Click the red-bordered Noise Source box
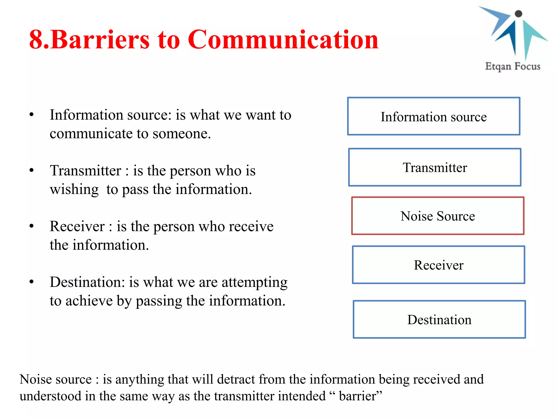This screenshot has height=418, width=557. coord(438,216)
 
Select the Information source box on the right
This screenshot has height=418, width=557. coord(434,116)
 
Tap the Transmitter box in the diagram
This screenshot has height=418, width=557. coord(435,167)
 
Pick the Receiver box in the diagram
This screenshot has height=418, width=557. coord(438,265)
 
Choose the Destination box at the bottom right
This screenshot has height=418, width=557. coord(439,319)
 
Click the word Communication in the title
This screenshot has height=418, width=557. coord(283,39)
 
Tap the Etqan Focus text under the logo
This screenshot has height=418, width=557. coord(512,66)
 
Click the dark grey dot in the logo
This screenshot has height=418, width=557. coord(518,14)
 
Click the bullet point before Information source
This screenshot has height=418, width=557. coord(32,115)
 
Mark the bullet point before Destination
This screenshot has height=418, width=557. coord(32,282)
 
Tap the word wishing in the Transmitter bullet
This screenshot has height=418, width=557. coord(74,189)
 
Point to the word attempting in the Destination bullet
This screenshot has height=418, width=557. coord(254,282)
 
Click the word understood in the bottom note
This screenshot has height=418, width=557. coord(50,396)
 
